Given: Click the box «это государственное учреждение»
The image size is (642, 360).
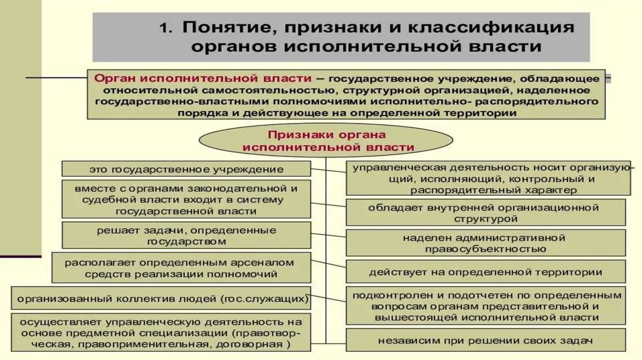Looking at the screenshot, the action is pyautogui.click(x=186, y=169).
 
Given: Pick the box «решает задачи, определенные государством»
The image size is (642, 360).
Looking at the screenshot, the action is pyautogui.click(x=186, y=235).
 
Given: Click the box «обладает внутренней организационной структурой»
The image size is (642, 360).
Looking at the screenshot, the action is pyautogui.click(x=486, y=213).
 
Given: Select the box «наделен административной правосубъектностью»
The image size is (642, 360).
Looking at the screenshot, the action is pyautogui.click(x=486, y=243).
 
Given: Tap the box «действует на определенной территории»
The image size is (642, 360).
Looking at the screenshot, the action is pyautogui.click(x=486, y=272).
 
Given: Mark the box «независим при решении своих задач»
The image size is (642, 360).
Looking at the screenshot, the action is pyautogui.click(x=486, y=341).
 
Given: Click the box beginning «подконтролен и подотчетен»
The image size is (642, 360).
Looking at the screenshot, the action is pyautogui.click(x=486, y=306).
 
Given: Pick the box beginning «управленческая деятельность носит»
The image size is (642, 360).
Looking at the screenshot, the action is pyautogui.click(x=486, y=179).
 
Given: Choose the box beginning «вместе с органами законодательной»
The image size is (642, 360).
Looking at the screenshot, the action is pyautogui.click(x=186, y=199).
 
